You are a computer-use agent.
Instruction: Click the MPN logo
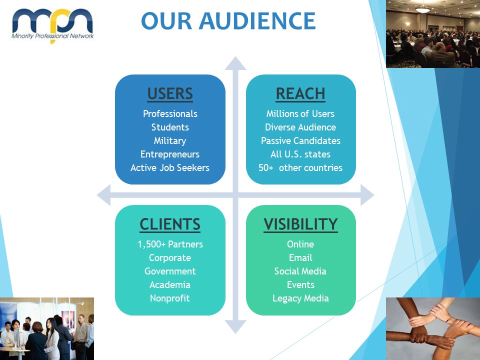point(52,25)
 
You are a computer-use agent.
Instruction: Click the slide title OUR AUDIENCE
point(228,21)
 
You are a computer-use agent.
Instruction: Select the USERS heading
point(170,93)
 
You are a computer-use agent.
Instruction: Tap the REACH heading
point(300,93)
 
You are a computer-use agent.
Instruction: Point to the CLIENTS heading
point(170,224)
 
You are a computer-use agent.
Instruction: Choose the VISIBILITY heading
point(300,224)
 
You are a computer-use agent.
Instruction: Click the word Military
point(170,141)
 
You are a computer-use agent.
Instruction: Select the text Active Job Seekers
point(170,168)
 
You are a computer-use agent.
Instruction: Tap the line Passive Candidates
point(300,141)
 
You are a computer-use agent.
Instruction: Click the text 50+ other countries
point(300,168)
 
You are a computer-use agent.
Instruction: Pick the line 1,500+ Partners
point(170,244)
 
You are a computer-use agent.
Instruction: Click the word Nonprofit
point(170,298)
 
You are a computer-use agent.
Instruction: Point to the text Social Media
point(300,271)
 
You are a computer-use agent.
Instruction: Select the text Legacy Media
point(300,298)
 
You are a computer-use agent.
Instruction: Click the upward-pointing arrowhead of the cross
point(235,63)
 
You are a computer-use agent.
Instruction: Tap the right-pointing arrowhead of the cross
point(367,195)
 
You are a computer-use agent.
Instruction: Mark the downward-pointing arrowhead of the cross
point(235,326)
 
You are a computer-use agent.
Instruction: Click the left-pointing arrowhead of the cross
point(103,195)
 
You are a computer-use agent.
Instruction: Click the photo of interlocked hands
point(433,329)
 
